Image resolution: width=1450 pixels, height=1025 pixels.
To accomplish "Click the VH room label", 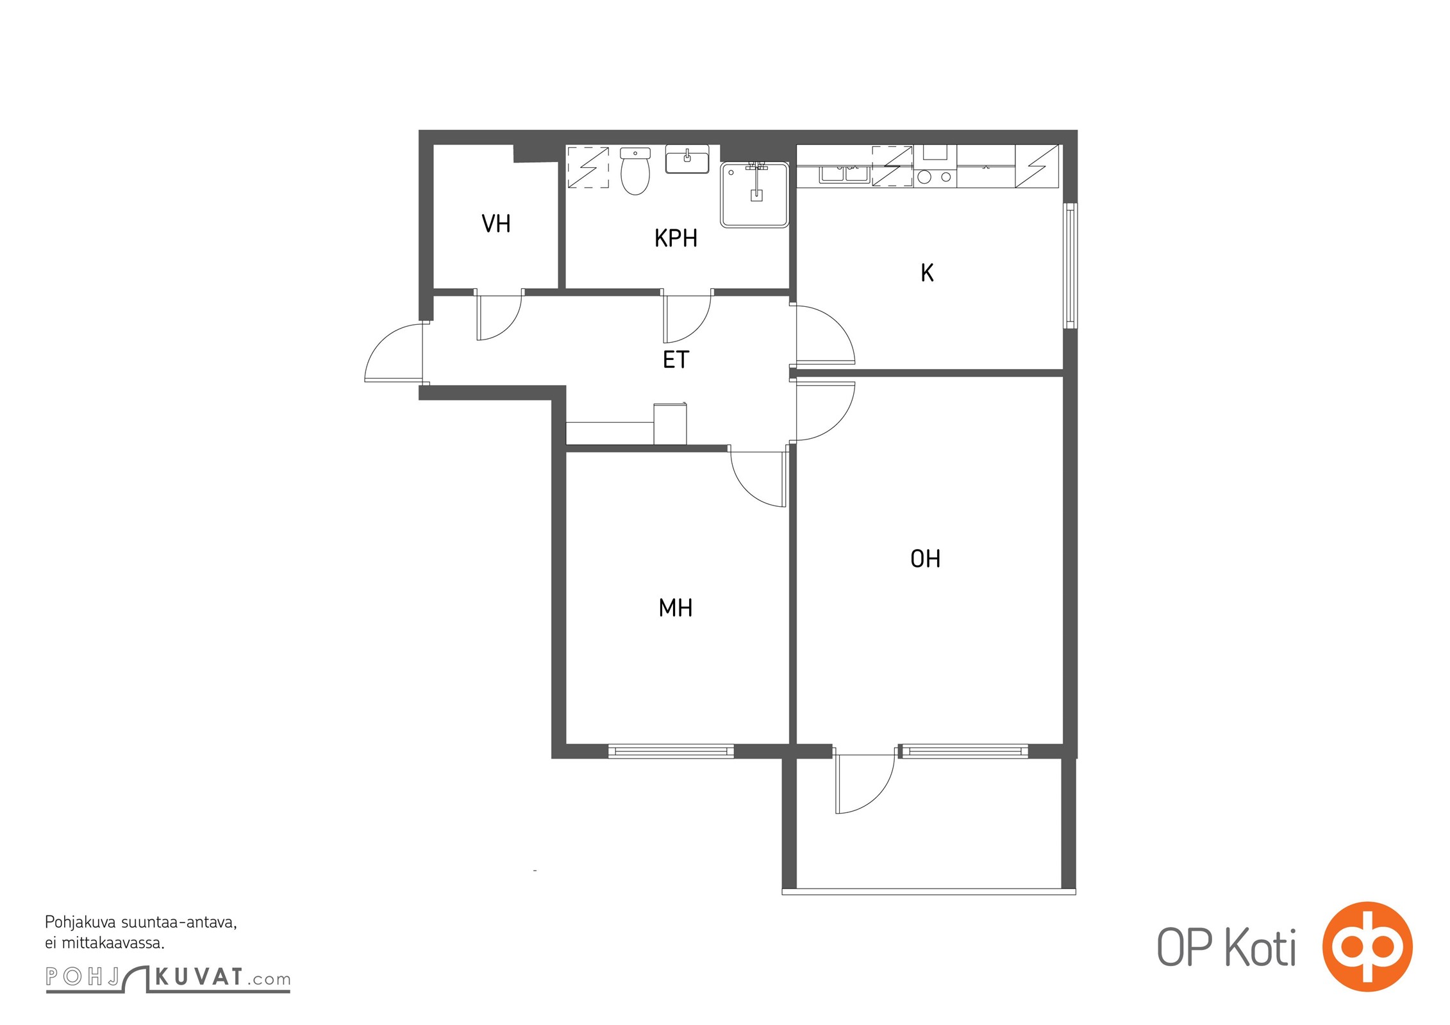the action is click(x=496, y=224).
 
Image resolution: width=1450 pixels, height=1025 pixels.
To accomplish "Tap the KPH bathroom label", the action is click(x=676, y=238).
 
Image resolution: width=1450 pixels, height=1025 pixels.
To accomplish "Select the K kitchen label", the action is click(x=927, y=273).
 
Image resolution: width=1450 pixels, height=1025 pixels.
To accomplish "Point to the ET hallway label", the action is click(x=676, y=360).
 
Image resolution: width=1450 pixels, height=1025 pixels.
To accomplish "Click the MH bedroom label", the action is click(x=676, y=607).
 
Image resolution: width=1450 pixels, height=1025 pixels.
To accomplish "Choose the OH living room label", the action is click(x=925, y=559).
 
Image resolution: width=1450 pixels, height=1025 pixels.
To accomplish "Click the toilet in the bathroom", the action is click(x=635, y=170).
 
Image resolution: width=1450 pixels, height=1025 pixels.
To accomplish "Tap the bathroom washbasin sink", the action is click(x=687, y=160).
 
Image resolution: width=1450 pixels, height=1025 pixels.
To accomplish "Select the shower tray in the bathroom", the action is click(x=754, y=195).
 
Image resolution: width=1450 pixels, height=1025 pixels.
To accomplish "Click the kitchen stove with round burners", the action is click(x=935, y=166).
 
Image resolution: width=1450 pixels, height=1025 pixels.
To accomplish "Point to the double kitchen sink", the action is click(x=844, y=174).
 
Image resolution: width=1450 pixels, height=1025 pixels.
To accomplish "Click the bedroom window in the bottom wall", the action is click(x=671, y=751).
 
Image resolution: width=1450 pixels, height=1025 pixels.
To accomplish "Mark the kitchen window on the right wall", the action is click(x=1070, y=266).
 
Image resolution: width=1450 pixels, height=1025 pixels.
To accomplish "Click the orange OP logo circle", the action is click(x=1367, y=946).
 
